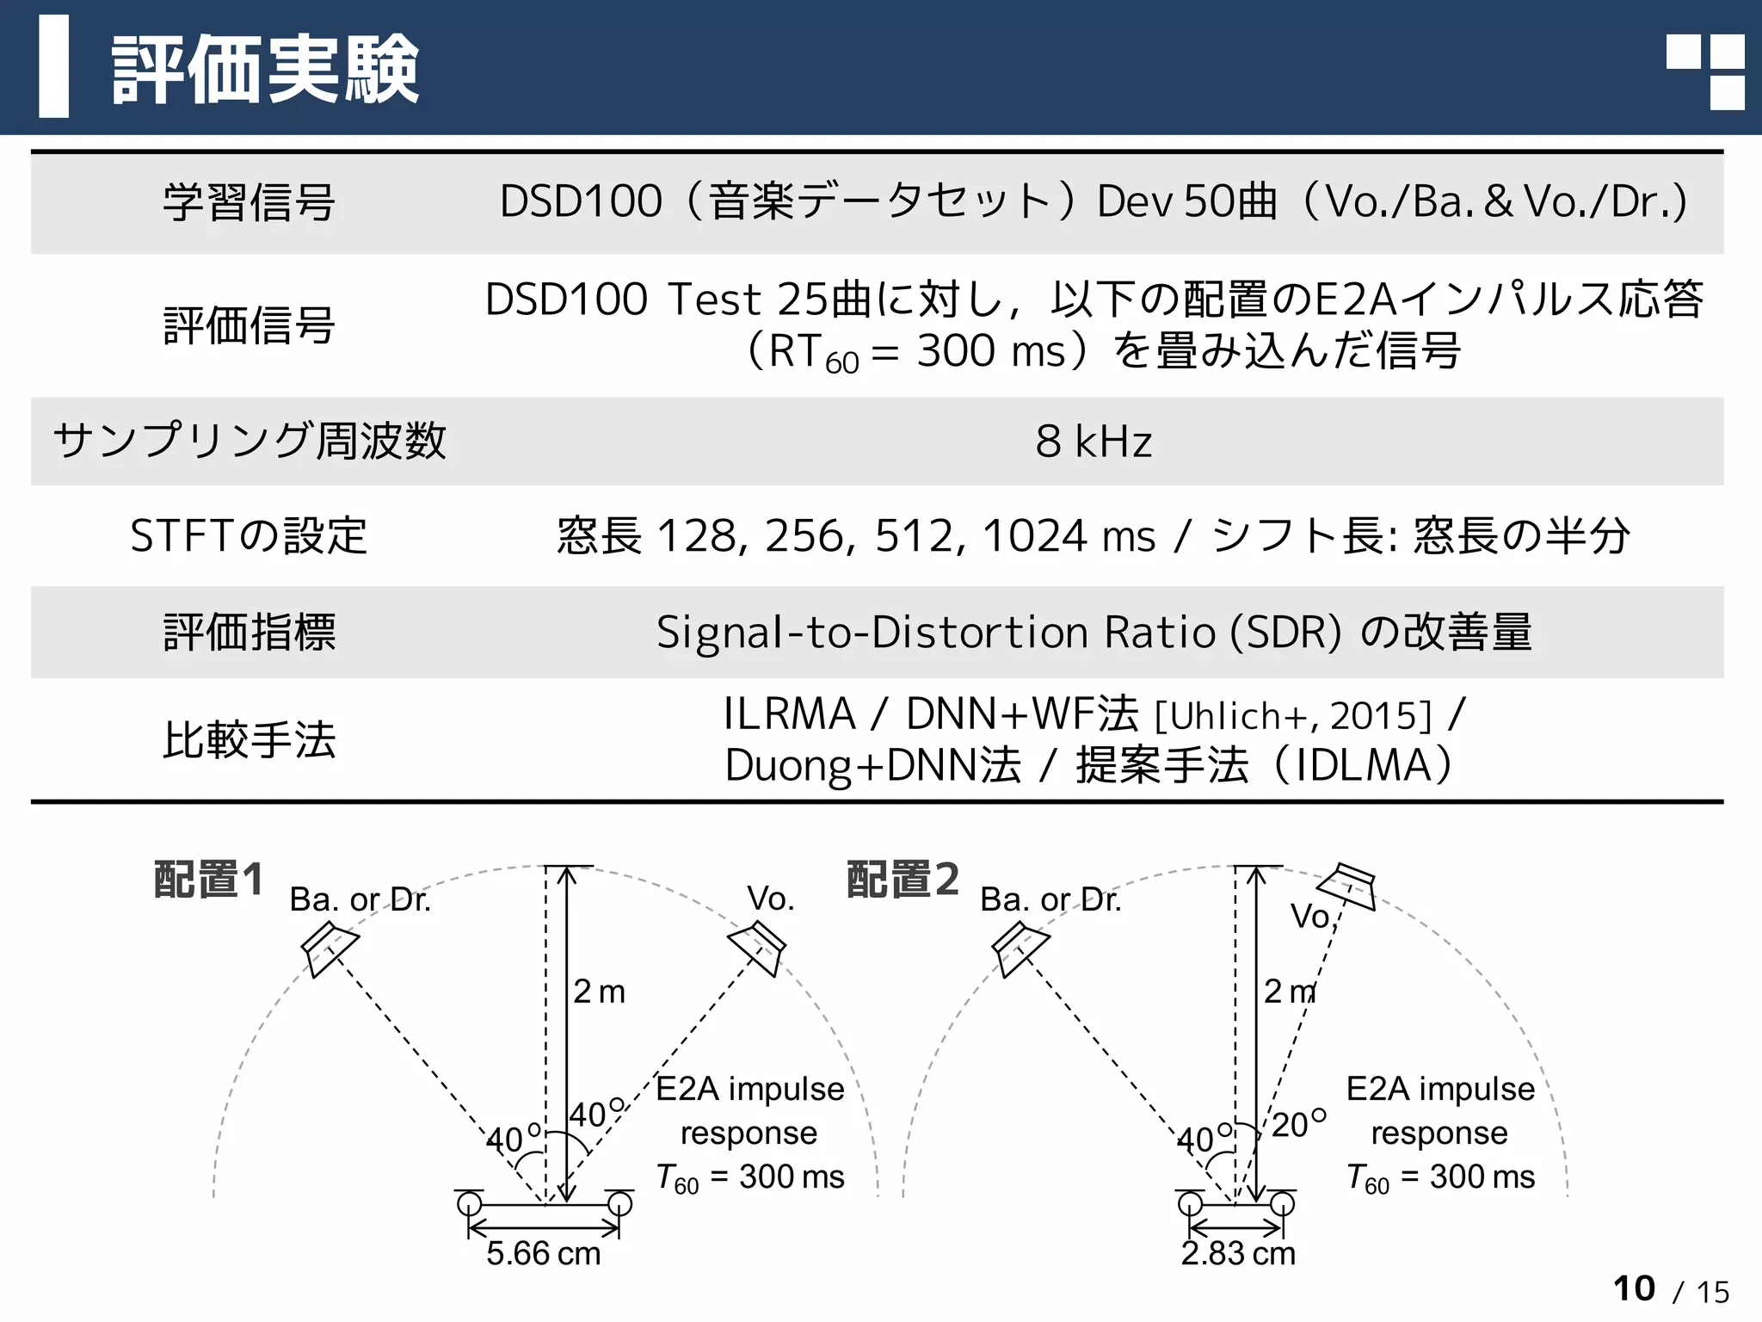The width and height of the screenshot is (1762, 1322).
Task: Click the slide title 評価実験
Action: tap(265, 69)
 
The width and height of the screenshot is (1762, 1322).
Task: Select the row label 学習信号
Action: tap(249, 203)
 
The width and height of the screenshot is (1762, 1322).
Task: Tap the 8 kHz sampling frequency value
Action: tap(1094, 442)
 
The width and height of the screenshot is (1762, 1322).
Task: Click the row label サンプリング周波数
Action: tap(250, 441)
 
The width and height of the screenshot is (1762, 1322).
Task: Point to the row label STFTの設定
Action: tap(249, 535)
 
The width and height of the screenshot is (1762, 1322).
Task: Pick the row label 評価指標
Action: tap(250, 632)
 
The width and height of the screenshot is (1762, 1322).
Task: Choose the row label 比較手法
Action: tap(250, 740)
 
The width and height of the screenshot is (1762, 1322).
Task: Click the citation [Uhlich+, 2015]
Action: tap(1293, 716)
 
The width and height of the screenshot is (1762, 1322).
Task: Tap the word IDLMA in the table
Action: tap(1363, 765)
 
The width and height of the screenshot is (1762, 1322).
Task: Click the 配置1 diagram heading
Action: tap(208, 880)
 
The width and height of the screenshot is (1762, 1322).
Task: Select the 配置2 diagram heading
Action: tap(903, 880)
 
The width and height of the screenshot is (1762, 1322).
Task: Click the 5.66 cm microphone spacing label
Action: tap(543, 1254)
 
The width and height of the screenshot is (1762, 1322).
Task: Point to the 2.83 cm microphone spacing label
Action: tap(1237, 1254)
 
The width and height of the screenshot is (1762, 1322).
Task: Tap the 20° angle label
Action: tap(1297, 1124)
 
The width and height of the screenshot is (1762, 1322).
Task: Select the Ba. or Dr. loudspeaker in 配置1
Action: tap(329, 948)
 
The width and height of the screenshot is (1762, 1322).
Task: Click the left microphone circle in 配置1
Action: tap(469, 1203)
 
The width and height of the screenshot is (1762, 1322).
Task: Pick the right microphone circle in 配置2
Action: tap(1282, 1203)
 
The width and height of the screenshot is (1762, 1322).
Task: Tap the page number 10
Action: tap(1634, 1288)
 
